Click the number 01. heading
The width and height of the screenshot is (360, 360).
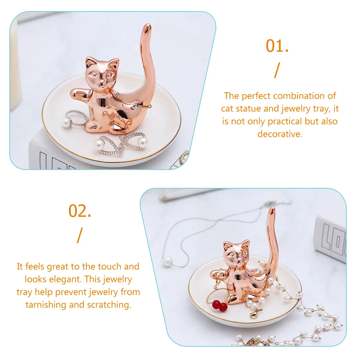[277, 46]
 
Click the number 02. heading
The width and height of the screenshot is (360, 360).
[80, 211]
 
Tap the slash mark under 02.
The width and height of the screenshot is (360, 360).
[79, 235]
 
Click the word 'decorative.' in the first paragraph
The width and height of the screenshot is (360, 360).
[280, 134]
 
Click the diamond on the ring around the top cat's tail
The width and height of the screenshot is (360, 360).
[134, 106]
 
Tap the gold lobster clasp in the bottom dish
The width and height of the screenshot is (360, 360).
[254, 315]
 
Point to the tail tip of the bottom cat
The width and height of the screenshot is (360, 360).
[272, 210]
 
